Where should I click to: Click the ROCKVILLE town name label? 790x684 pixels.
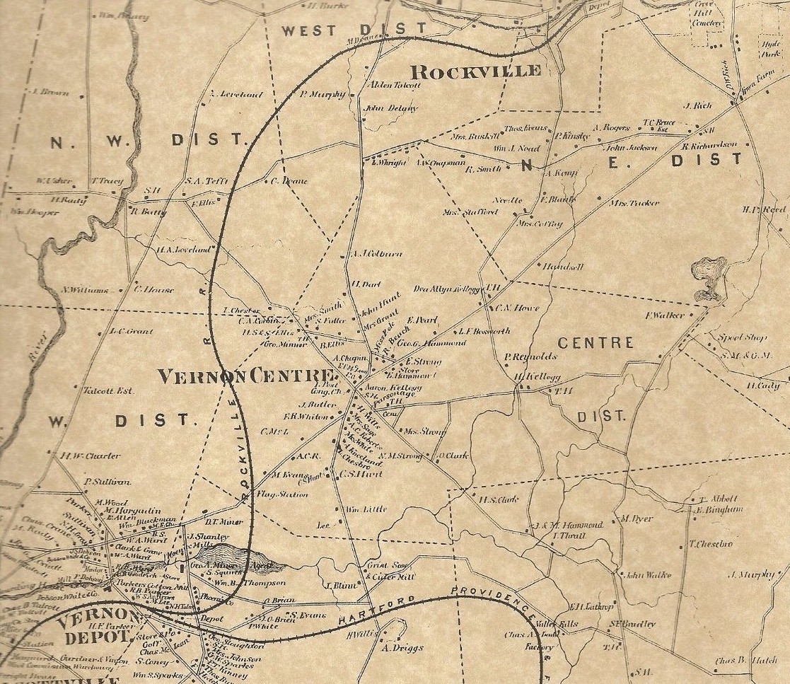(476, 71)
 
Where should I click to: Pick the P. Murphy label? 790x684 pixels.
(323, 94)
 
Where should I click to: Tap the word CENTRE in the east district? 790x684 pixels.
(596, 343)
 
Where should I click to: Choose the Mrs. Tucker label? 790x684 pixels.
(634, 203)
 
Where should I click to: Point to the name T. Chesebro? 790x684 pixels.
(711, 544)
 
